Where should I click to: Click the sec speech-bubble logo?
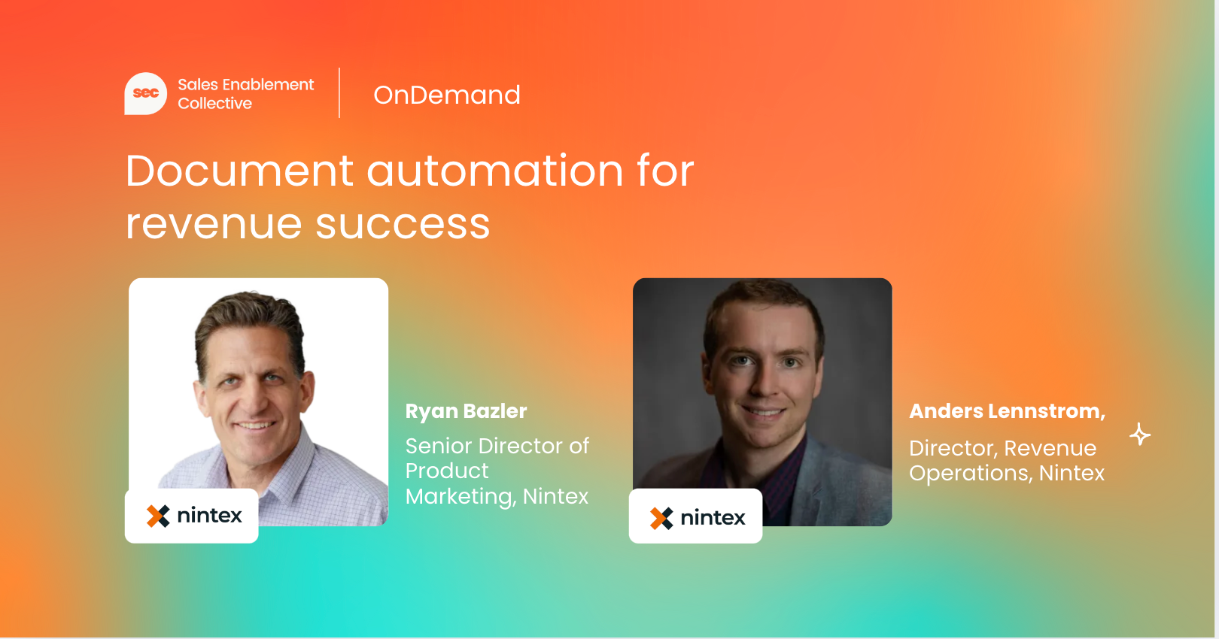(x=146, y=93)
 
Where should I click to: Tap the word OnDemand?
(x=447, y=95)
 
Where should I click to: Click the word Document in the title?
(x=239, y=171)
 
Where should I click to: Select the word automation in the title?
(x=494, y=171)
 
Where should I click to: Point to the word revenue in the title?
(x=214, y=225)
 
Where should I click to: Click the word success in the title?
(x=403, y=225)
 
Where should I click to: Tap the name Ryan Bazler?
(x=466, y=411)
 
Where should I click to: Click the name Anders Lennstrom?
(x=1005, y=411)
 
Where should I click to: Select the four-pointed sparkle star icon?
(x=1139, y=435)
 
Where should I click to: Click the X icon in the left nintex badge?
(x=158, y=516)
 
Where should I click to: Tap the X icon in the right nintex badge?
(x=661, y=518)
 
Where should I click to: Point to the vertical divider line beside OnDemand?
(x=339, y=92)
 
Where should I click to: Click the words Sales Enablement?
(x=246, y=85)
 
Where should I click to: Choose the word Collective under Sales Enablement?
(x=215, y=103)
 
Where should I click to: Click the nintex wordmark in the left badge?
(x=209, y=516)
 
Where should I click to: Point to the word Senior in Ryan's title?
(x=439, y=446)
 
